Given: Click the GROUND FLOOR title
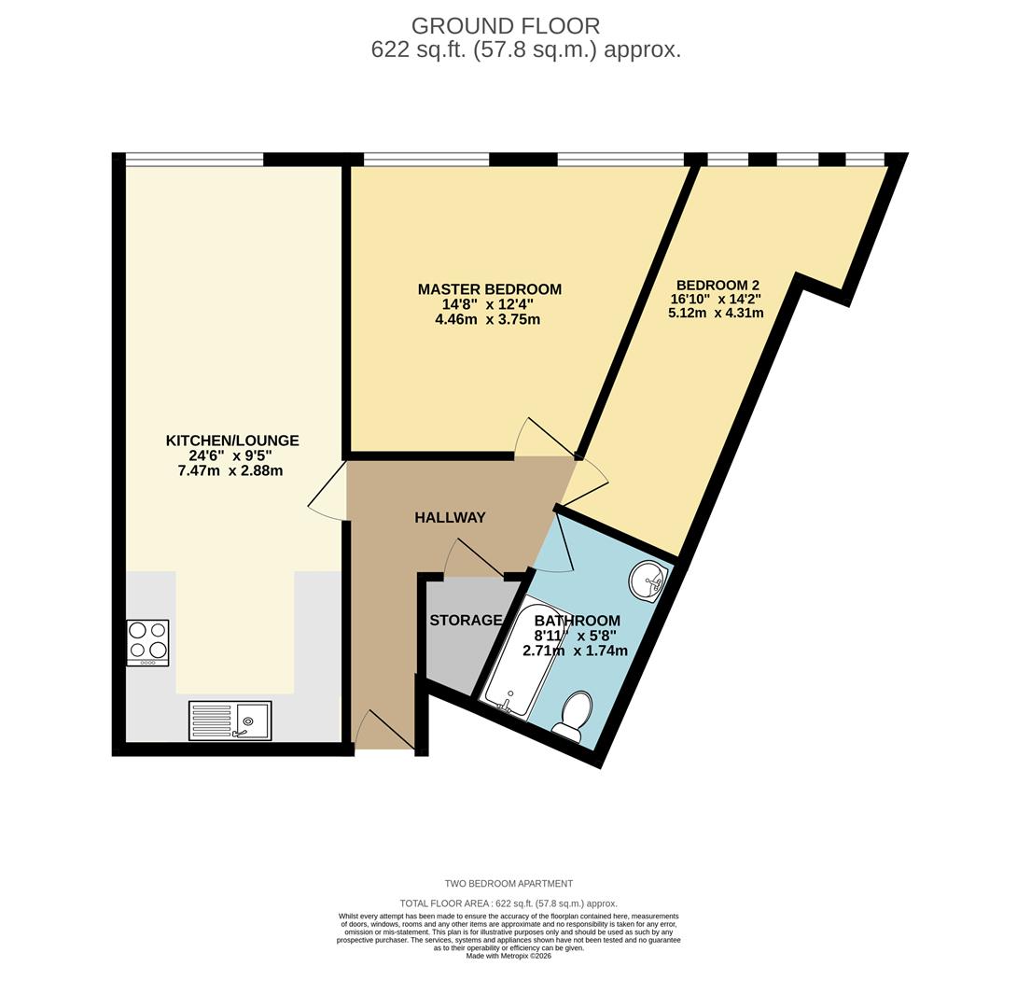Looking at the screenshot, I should coord(505,26).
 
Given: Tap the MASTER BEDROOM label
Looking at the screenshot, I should coord(489,289).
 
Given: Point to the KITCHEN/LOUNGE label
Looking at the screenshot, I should coord(232,441).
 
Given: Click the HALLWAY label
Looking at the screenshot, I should coord(450,517).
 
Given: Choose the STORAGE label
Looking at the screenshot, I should coord(465,621).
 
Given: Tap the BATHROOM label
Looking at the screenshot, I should coord(577,621).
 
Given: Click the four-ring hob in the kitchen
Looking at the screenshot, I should coord(147,642).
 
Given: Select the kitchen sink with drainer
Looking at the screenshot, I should coord(230,721).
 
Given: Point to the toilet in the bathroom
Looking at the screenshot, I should coord(573,717).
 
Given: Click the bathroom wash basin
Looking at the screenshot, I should coord(647,581).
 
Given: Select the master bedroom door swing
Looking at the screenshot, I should coord(543,439).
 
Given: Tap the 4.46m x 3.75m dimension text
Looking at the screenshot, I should coord(487,319).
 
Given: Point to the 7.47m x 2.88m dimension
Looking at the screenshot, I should coord(230,470).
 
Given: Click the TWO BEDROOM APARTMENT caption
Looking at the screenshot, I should coord(508,883).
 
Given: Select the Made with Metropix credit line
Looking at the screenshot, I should coord(508,956).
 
